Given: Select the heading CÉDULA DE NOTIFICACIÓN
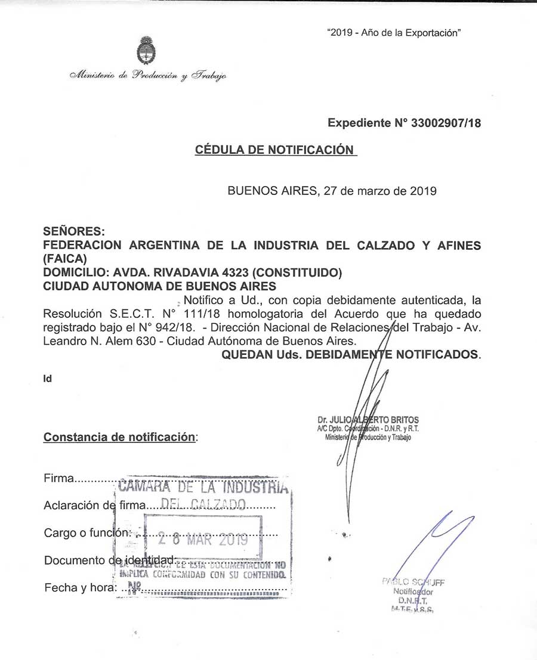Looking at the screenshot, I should (274, 150).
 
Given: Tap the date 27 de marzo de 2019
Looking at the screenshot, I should (379, 191).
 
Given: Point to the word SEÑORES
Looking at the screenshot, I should (75, 231).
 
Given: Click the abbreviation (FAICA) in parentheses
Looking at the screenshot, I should (65, 259).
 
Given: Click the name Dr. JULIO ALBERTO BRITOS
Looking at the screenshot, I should (369, 420).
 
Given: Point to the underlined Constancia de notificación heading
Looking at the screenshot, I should (119, 437).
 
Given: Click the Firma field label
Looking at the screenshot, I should (59, 479).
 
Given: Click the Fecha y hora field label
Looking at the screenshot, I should (79, 587).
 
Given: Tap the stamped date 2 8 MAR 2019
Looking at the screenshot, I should (203, 540).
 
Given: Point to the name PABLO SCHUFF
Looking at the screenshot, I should (413, 582).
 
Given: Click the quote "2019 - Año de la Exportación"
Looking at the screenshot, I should (394, 34).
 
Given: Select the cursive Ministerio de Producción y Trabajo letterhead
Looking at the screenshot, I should (148, 76).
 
